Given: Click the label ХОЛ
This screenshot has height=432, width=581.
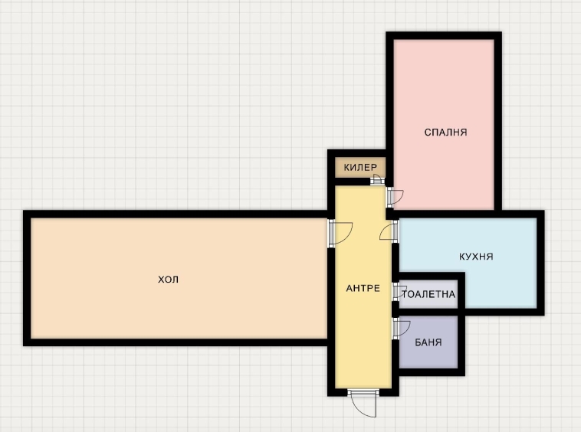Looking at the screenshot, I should (168, 280).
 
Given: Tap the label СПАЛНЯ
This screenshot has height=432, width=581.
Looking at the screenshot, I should (446, 132).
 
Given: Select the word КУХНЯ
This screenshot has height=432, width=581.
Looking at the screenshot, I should (476, 257).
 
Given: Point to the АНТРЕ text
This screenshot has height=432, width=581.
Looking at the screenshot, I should (363, 288).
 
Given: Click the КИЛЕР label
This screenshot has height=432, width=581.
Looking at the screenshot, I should (359, 167).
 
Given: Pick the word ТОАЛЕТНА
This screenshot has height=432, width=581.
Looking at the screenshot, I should (429, 294).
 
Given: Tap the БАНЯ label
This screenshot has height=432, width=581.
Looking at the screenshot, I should (427, 342).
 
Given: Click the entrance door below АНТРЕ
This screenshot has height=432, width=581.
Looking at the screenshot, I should (362, 402).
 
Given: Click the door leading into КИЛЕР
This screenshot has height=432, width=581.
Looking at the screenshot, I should (376, 180).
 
